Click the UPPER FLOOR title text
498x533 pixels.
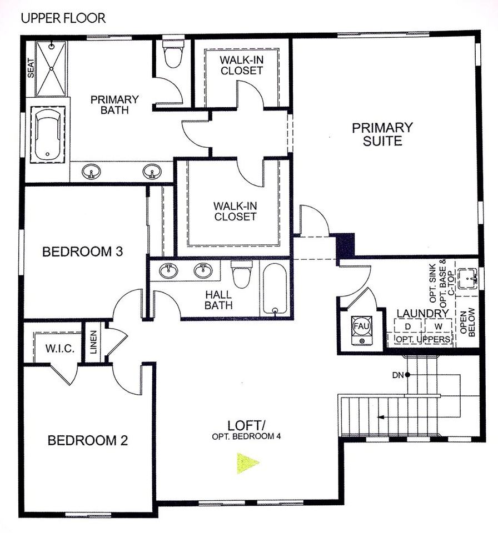[x=63, y=18]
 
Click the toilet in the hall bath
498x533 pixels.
[x=241, y=275]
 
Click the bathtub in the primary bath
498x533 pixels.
[x=47, y=135]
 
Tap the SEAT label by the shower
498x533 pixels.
[x=31, y=68]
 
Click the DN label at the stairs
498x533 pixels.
[x=397, y=375]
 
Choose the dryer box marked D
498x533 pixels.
[x=409, y=325]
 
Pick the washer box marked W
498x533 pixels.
[x=439, y=325]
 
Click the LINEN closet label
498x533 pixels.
[x=93, y=343]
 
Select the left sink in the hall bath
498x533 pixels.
[x=168, y=271]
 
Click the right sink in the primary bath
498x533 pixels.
[x=151, y=172]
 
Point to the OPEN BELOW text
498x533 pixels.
[x=467, y=321]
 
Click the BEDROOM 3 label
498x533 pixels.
[x=82, y=252]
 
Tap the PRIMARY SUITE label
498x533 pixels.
[x=382, y=134]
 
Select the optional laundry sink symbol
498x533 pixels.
[x=471, y=276]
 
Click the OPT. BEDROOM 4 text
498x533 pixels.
[x=246, y=436]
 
